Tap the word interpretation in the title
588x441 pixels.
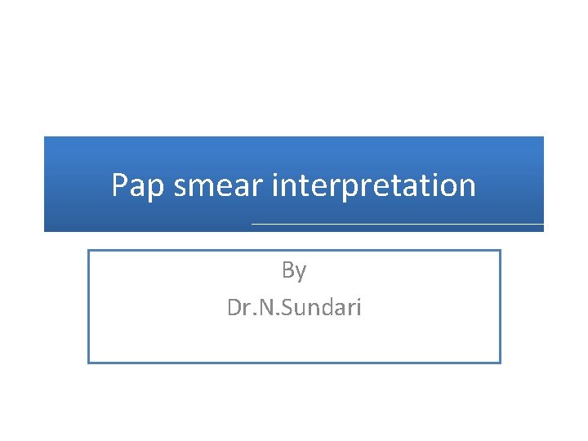click(x=374, y=186)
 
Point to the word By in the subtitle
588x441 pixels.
click(x=294, y=270)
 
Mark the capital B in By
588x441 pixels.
click(x=288, y=269)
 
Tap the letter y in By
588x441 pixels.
click(x=301, y=273)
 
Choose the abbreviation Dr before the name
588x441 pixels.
click(x=238, y=308)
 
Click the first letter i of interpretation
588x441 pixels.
click(x=275, y=185)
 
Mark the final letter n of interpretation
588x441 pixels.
click(x=466, y=188)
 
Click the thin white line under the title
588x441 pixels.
click(x=397, y=224)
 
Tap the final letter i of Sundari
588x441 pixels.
click(x=358, y=308)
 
